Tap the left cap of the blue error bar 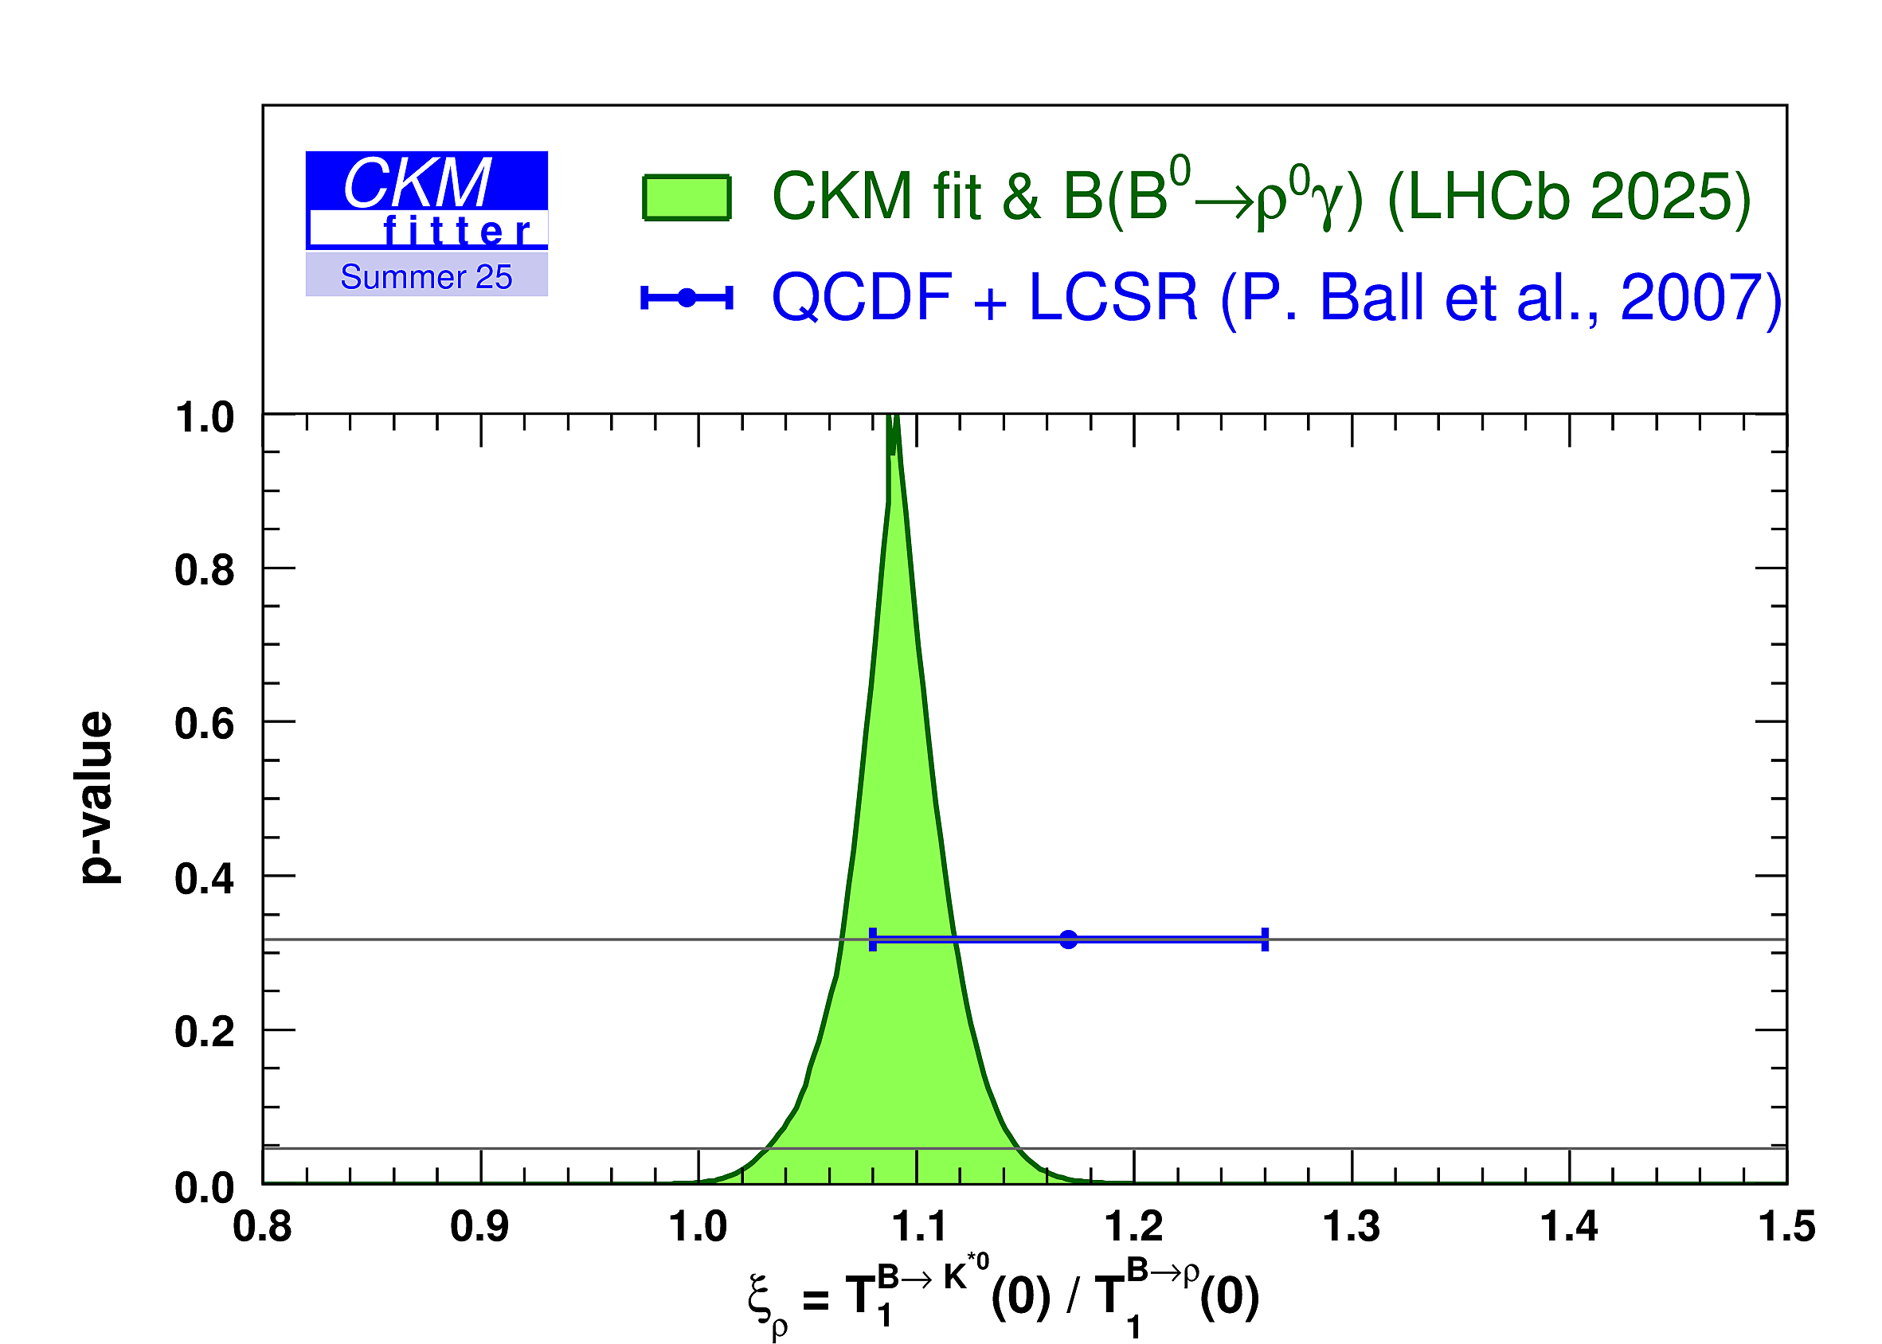[872, 940]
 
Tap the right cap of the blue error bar [1265, 940]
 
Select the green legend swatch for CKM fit [686, 197]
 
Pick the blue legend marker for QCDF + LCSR [686, 297]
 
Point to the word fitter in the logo [456, 232]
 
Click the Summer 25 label [426, 277]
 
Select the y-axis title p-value [97, 798]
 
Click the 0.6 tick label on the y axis [204, 724]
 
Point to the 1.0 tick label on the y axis [204, 418]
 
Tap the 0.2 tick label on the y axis [204, 1032]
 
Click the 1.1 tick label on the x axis [916, 1226]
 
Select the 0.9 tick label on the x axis [480, 1226]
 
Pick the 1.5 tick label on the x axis [1786, 1226]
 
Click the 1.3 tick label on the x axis [1351, 1226]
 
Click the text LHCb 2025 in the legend [1568, 197]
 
